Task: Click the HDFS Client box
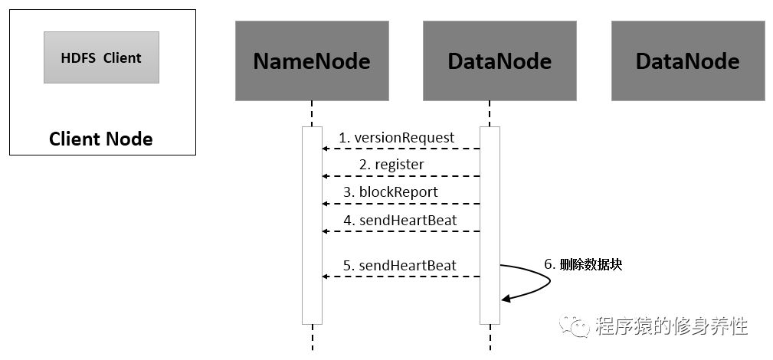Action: point(102,57)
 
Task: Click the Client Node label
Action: point(101,139)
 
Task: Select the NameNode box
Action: point(312,61)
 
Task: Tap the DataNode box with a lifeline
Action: point(500,61)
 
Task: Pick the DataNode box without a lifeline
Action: point(688,61)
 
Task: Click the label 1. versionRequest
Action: point(396,138)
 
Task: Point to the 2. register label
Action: point(391,164)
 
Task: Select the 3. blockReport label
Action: point(391,191)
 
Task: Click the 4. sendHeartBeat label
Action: point(400,220)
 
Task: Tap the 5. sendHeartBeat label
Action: point(400,265)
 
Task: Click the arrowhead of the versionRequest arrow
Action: point(325,149)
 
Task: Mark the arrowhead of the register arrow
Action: point(325,176)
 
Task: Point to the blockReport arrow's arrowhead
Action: point(325,204)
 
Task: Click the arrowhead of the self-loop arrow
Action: point(505,299)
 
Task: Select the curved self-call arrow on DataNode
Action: point(549,280)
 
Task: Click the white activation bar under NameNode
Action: point(312,225)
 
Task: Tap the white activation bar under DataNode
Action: point(490,225)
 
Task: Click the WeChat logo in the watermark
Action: point(574,326)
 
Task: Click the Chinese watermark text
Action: point(671,326)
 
